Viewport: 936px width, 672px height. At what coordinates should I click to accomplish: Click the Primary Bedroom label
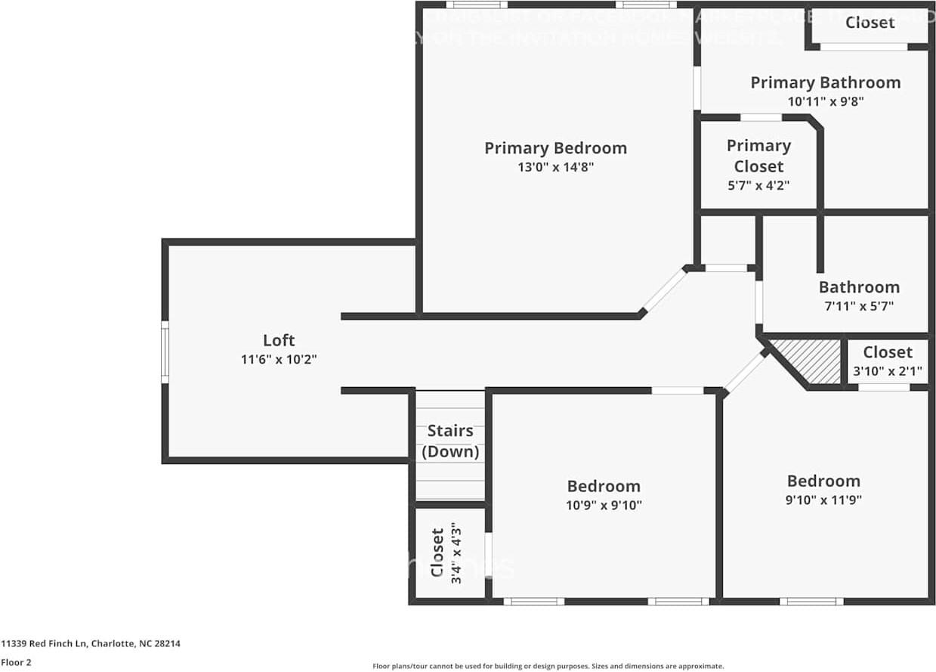click(x=555, y=148)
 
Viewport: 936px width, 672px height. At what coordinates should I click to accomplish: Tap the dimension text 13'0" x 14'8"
click(x=555, y=168)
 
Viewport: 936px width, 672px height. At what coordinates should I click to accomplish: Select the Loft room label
click(x=279, y=340)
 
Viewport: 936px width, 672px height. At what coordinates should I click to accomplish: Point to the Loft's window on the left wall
click(x=165, y=351)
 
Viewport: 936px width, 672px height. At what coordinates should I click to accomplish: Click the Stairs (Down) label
click(x=450, y=441)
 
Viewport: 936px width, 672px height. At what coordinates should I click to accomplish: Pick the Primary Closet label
click(x=758, y=156)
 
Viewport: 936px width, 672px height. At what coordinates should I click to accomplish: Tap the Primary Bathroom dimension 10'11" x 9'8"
click(x=825, y=101)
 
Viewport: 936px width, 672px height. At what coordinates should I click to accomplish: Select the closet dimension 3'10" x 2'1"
click(x=887, y=371)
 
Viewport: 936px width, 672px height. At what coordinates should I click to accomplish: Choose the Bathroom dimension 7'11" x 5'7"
click(x=859, y=306)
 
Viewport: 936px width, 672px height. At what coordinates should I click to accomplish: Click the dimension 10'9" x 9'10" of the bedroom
click(x=604, y=505)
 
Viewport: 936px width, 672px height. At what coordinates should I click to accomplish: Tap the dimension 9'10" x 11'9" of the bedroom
click(x=823, y=500)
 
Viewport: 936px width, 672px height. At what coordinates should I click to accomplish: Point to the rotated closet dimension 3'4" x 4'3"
click(x=456, y=556)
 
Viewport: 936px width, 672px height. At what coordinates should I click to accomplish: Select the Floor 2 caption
click(x=17, y=662)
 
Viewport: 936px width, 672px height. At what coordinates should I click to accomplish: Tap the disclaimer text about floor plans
click(x=548, y=666)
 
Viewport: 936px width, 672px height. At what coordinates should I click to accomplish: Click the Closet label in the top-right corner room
click(x=870, y=23)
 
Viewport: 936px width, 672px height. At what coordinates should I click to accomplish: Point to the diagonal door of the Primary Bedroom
click(x=665, y=291)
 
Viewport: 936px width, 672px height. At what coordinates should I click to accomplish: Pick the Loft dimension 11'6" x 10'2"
click(x=279, y=360)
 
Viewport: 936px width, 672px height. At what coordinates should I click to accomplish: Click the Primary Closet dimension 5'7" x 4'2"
click(x=758, y=185)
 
